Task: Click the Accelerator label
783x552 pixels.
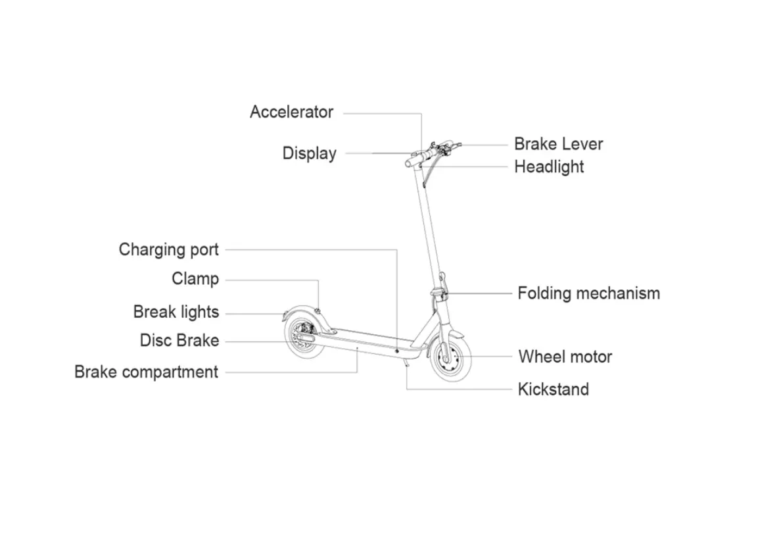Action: tap(291, 113)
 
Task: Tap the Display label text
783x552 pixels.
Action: tap(309, 153)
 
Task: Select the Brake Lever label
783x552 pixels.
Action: tap(558, 144)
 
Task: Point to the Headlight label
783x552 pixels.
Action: tap(549, 166)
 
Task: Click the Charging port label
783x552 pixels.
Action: tap(168, 250)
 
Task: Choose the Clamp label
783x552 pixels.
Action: tap(195, 279)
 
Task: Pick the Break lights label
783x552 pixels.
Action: tap(176, 312)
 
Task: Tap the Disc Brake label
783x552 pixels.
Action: tap(179, 341)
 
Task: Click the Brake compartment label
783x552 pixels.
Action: tap(146, 372)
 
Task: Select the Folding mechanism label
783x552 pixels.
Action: tap(588, 293)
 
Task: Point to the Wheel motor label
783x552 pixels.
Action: tap(565, 357)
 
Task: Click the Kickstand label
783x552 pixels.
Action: tap(553, 389)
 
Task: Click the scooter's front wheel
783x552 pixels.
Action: tap(450, 359)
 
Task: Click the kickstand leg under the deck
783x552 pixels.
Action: tap(408, 361)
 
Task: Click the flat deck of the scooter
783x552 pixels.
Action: tap(362, 339)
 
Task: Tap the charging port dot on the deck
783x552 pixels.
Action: tap(398, 352)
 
